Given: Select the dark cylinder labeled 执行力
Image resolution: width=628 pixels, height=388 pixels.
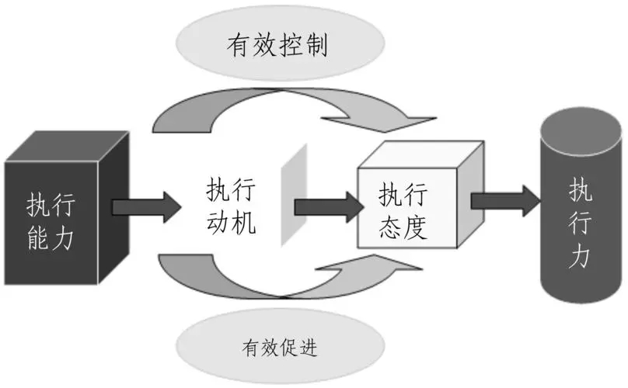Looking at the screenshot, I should click(x=579, y=217).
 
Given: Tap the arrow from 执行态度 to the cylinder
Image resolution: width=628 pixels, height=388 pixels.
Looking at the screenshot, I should click(x=504, y=200).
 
